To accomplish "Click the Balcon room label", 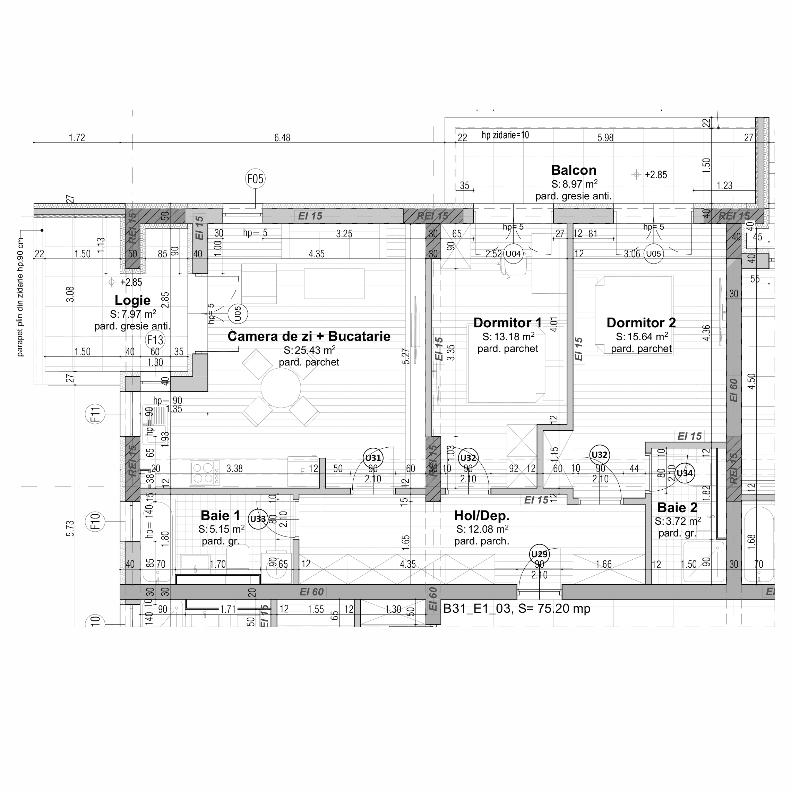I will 573,170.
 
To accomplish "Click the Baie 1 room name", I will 220,515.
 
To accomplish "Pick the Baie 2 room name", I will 677,508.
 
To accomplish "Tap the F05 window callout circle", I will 256,179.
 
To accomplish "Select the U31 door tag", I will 373,458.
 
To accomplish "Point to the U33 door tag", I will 258,519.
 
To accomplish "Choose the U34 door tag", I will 685,473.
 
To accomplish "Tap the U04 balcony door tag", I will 513,254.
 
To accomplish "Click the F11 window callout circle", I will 95,414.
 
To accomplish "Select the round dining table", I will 281,388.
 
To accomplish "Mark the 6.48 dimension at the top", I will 282,138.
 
